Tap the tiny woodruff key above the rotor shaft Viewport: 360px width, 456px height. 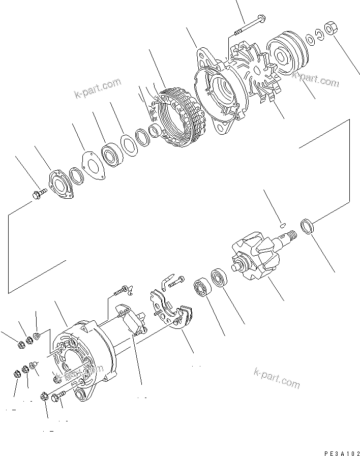coord(283,222)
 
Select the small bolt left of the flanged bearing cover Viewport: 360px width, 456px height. coord(39,193)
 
